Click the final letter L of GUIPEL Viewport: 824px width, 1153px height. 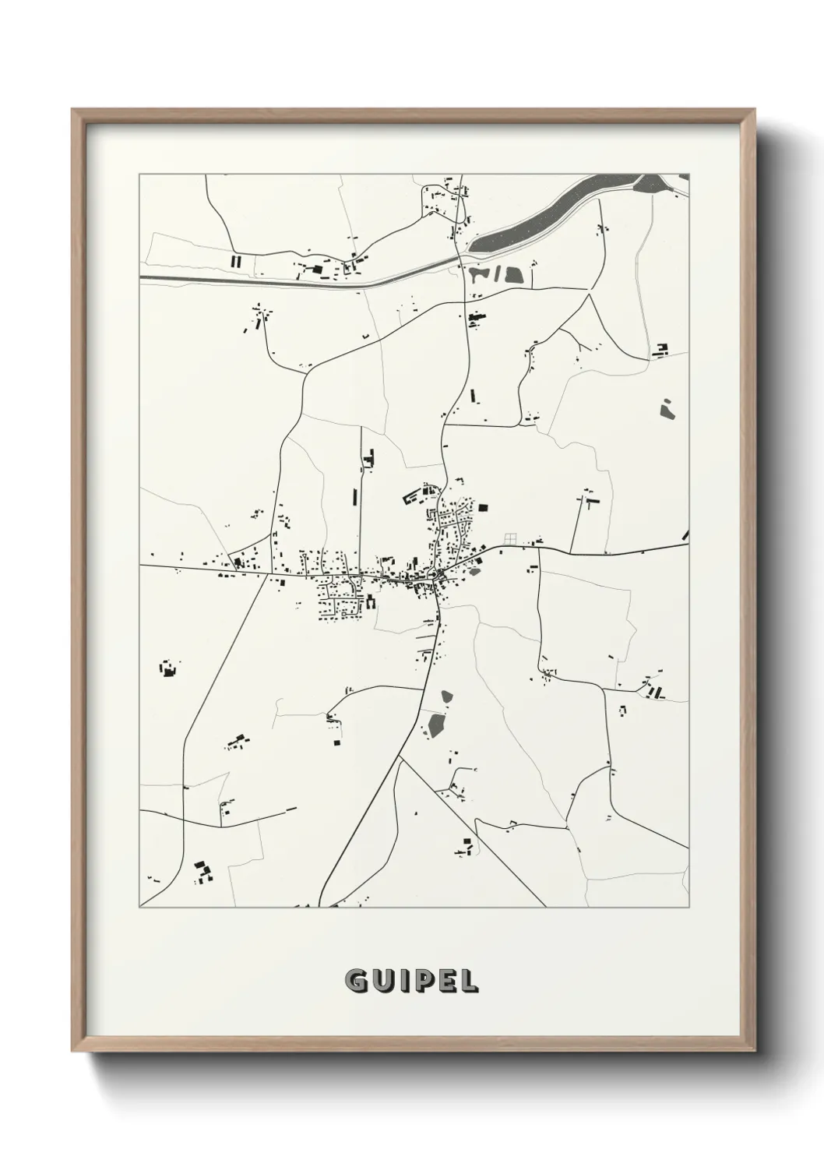(468, 982)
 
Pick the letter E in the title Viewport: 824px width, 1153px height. (446, 982)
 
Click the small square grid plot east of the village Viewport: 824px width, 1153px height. (510, 538)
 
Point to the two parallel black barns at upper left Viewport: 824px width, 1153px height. (237, 261)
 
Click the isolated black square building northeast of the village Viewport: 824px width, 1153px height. (482, 507)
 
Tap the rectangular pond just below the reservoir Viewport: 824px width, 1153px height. (512, 274)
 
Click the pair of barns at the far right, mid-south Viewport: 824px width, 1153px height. (659, 692)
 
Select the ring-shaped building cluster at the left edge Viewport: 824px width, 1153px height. (168, 668)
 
